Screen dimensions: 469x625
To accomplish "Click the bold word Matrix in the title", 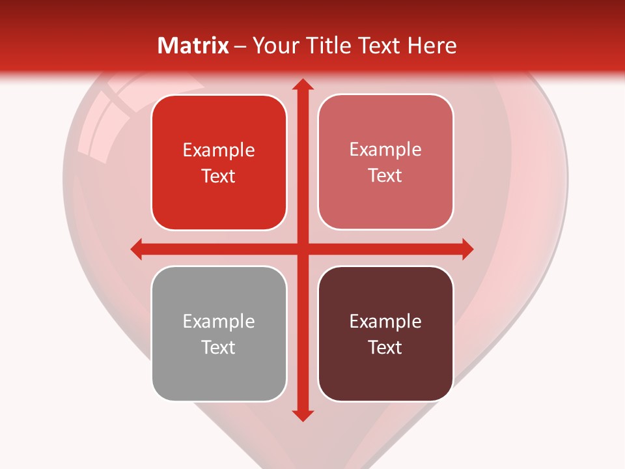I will pos(193,46).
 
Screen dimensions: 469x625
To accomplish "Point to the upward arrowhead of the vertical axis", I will pos(302,85).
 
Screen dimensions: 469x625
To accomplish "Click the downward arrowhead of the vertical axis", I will pos(302,415).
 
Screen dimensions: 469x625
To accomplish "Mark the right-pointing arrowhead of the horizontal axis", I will pos(467,249).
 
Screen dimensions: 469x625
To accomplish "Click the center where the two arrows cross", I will pos(302,249).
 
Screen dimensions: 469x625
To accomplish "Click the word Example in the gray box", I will pos(219,321).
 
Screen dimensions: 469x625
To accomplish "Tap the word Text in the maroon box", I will pos(385,347).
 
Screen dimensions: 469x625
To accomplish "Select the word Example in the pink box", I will pos(385,149).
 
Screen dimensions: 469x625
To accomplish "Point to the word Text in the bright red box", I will pos(219,176).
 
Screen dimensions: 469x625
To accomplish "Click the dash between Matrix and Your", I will pos(240,46).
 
